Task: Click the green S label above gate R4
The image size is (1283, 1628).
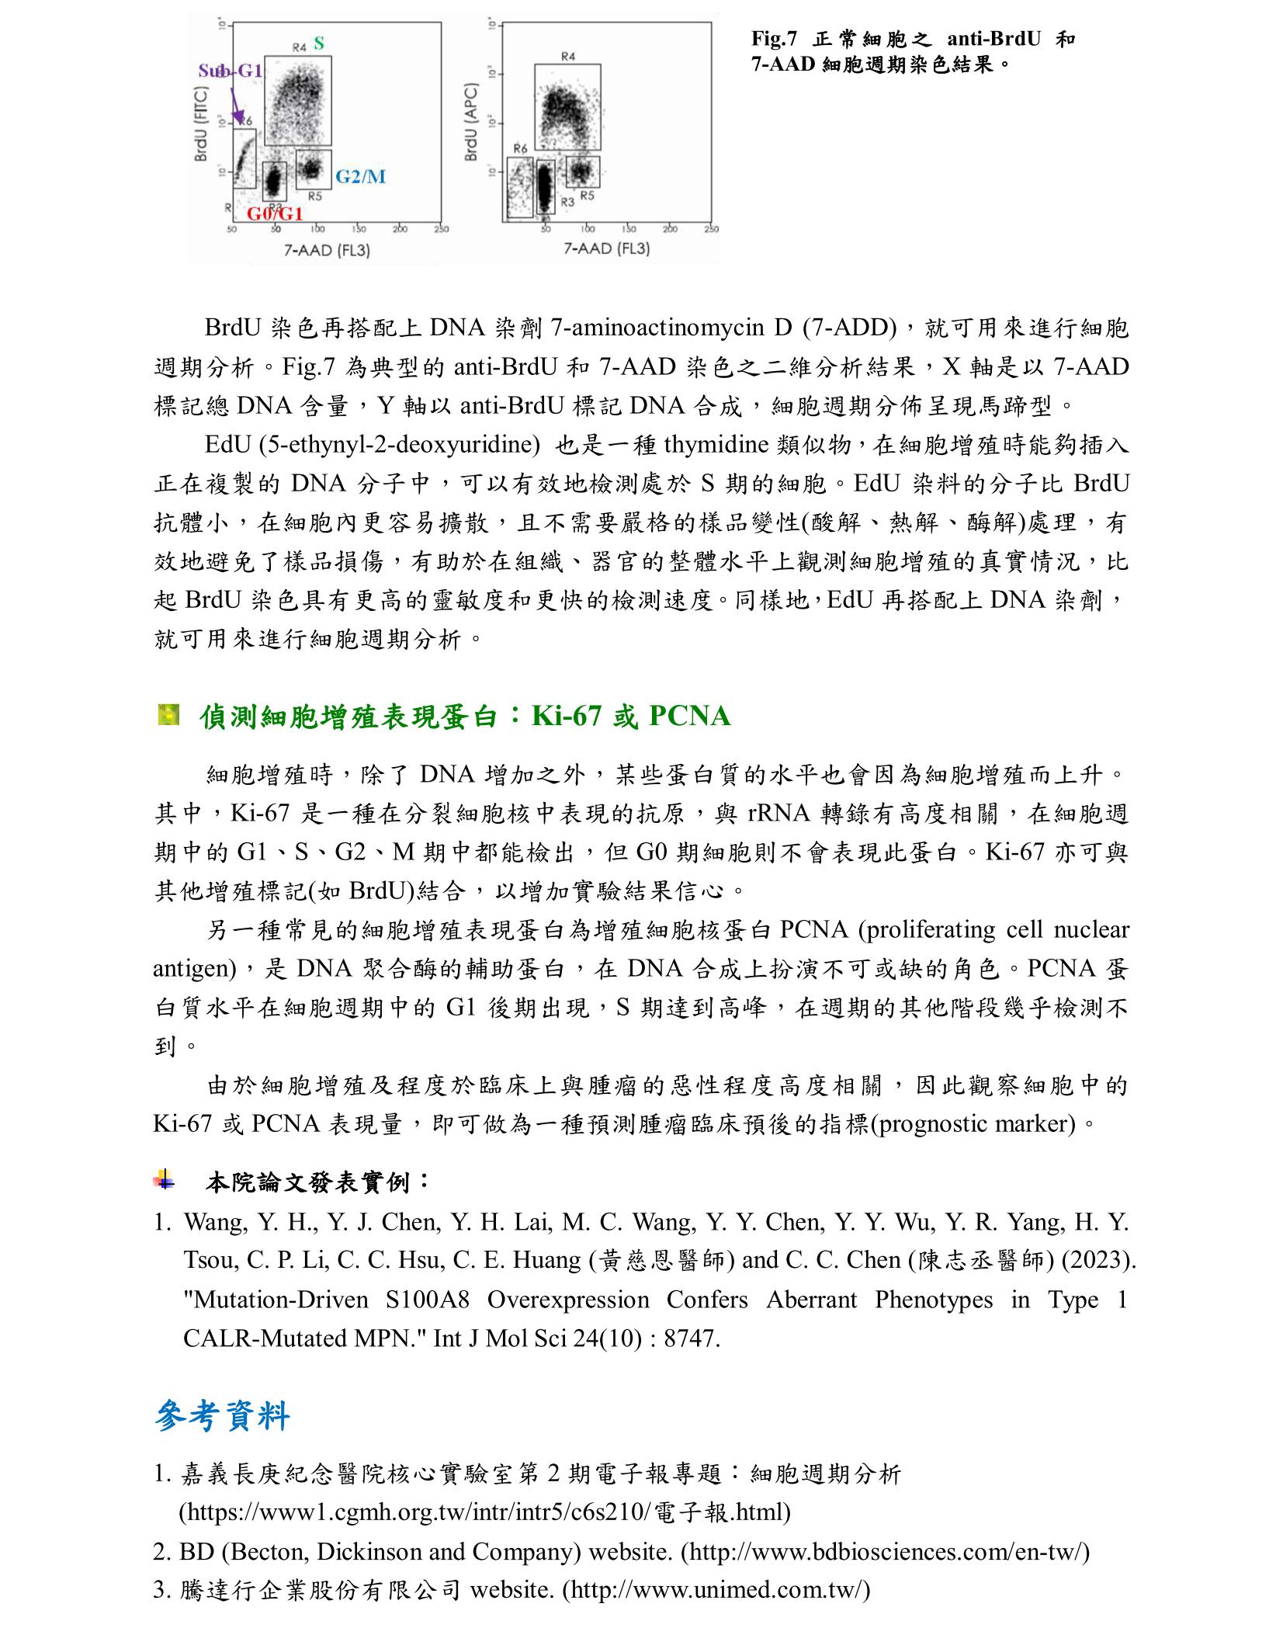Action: coord(319,44)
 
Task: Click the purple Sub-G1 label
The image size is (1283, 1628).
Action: coord(230,71)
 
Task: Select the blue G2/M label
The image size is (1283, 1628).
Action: coord(360,177)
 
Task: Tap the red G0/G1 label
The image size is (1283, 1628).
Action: coord(275,213)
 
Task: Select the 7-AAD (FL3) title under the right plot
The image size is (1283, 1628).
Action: coord(606,248)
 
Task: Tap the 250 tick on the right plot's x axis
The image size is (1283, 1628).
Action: coord(710,229)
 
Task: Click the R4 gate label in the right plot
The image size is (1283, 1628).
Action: coord(568,57)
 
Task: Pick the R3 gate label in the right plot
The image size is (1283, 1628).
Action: coord(567,202)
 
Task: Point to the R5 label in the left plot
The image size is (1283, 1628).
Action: coord(315,196)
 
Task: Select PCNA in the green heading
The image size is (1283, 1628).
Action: coord(688,716)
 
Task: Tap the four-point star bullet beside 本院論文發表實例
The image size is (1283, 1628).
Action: coord(164,1181)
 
